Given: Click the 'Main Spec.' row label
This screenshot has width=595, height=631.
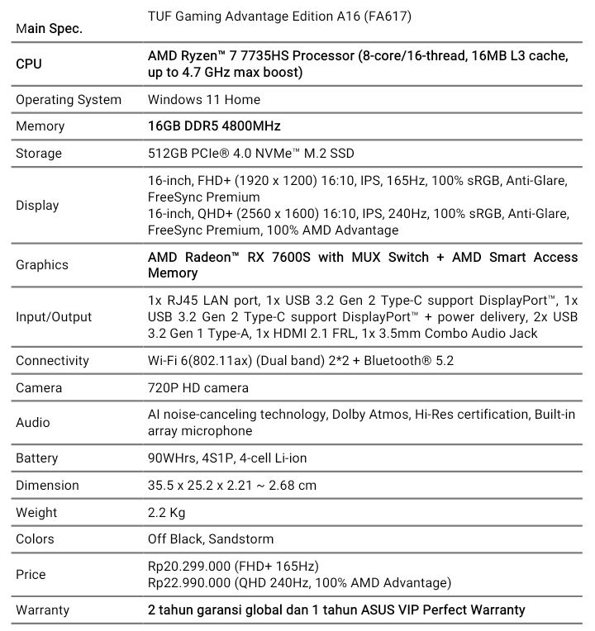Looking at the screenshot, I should coord(50,28).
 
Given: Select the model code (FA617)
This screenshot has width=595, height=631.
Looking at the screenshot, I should coord(391,16).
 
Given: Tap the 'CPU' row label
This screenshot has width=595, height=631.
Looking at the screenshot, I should coord(29,64).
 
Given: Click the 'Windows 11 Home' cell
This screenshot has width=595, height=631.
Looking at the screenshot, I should coord(204,99).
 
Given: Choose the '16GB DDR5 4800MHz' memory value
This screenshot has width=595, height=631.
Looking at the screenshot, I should coord(214,126).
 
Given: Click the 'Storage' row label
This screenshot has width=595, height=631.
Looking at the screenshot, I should coord(39,153).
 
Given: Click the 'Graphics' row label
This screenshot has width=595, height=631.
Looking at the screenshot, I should coord(42,264).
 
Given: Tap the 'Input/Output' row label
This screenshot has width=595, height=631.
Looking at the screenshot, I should coord(54,316).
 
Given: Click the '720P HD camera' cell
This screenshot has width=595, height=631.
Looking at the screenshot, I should coord(198,387).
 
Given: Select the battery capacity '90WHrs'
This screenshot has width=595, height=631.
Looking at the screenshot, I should coord(174,458).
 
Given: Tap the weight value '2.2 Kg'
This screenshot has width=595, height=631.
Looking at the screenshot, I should coord(167,512).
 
